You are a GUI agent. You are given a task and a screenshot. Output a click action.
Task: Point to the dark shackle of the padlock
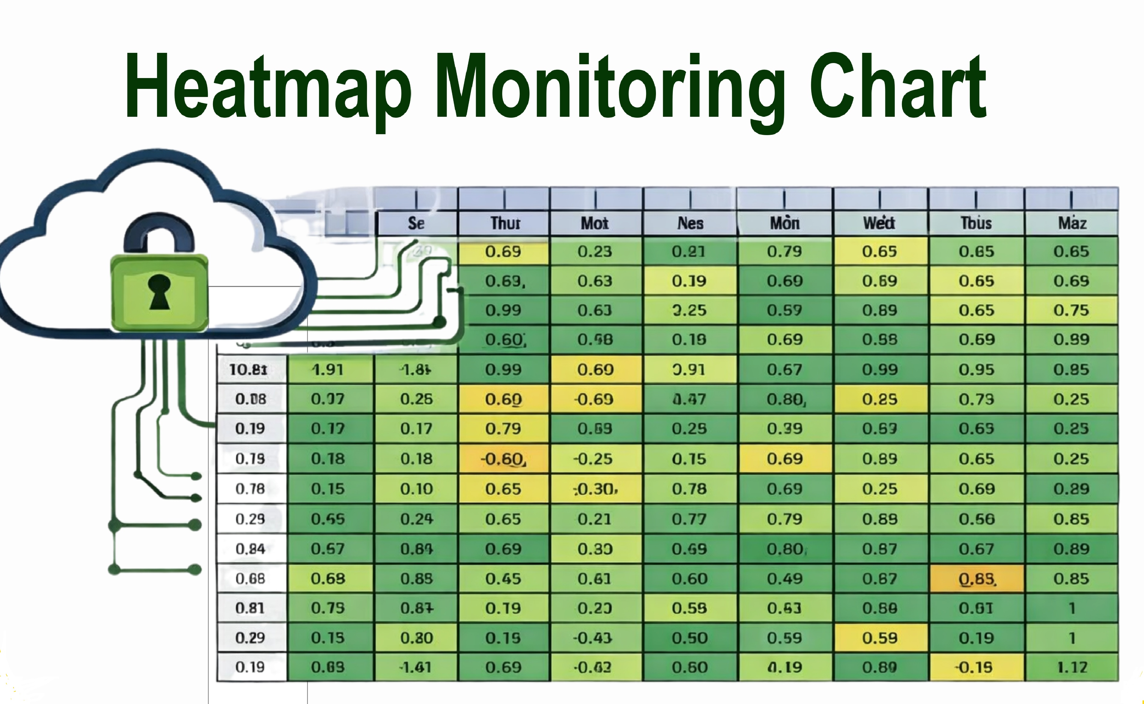(159, 233)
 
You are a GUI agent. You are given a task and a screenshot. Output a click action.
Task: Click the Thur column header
(505, 223)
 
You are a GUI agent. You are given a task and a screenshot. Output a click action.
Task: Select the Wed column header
(879, 223)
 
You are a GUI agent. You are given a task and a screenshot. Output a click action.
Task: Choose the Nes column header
(690, 223)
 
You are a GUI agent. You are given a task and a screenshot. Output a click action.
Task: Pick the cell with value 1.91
(328, 370)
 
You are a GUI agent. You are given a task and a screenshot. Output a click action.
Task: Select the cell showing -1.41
(416, 667)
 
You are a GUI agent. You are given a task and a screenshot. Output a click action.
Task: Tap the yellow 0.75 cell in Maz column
(1071, 310)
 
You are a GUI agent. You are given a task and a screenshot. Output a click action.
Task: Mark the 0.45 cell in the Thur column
(503, 579)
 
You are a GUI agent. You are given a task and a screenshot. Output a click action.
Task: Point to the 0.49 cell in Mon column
(785, 579)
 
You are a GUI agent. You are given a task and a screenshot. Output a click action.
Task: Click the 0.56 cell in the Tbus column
(976, 519)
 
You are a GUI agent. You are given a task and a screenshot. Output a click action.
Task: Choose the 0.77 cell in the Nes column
(689, 519)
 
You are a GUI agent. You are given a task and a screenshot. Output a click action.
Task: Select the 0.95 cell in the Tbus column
(976, 370)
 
